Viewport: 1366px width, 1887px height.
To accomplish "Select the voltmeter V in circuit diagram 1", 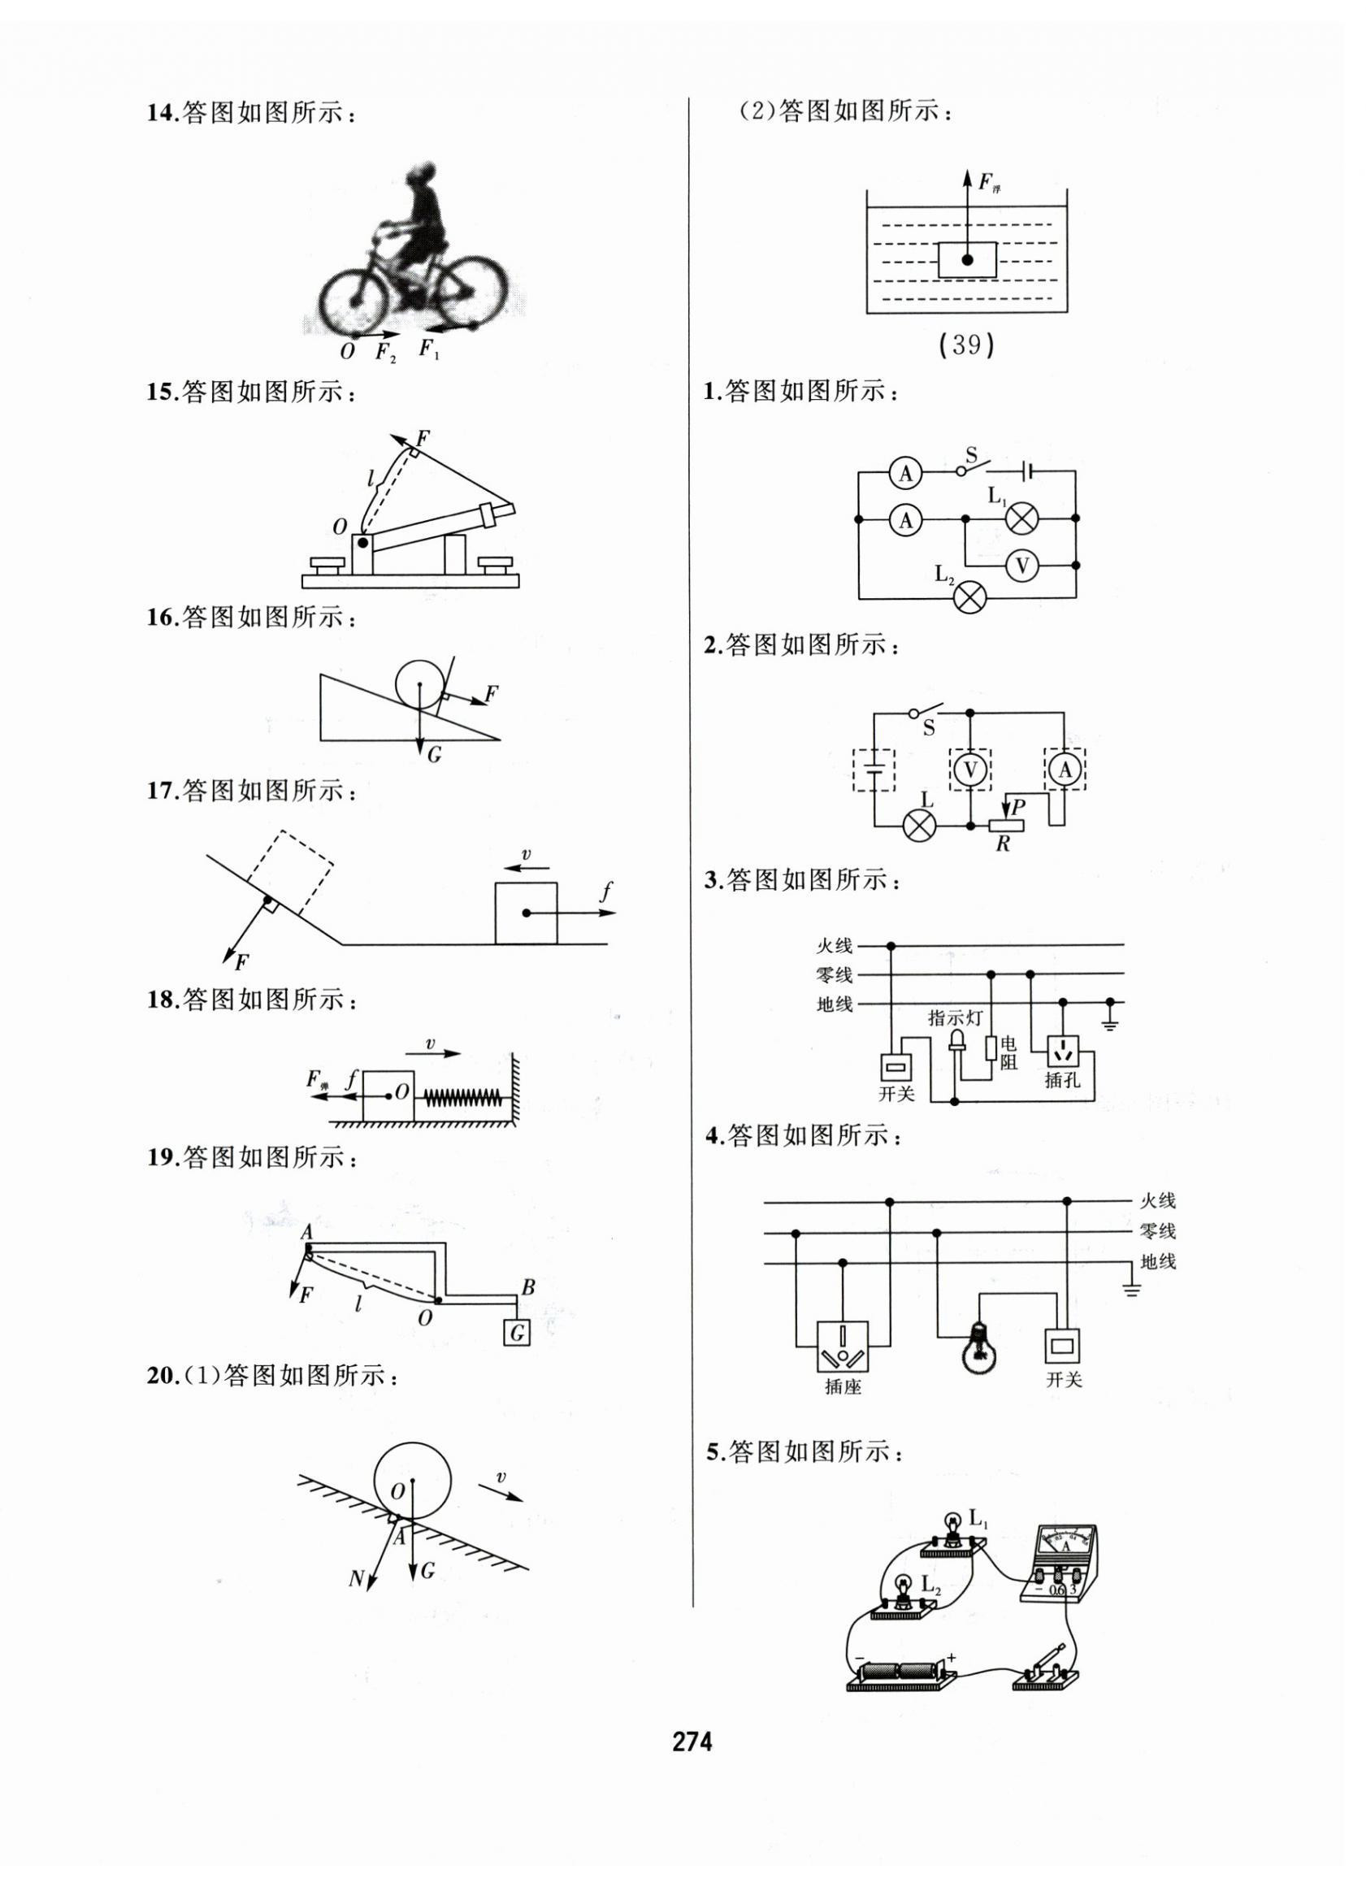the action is click(1022, 566).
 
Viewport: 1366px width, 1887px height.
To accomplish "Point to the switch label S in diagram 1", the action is click(971, 455).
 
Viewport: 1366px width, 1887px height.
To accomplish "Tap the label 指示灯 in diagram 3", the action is click(953, 1017).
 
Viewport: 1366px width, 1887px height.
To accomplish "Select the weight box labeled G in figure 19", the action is click(517, 1333).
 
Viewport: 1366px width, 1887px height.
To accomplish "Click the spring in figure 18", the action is click(462, 1097).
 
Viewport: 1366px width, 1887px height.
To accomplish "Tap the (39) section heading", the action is click(966, 345).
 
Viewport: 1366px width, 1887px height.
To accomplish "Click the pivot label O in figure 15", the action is click(340, 527).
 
